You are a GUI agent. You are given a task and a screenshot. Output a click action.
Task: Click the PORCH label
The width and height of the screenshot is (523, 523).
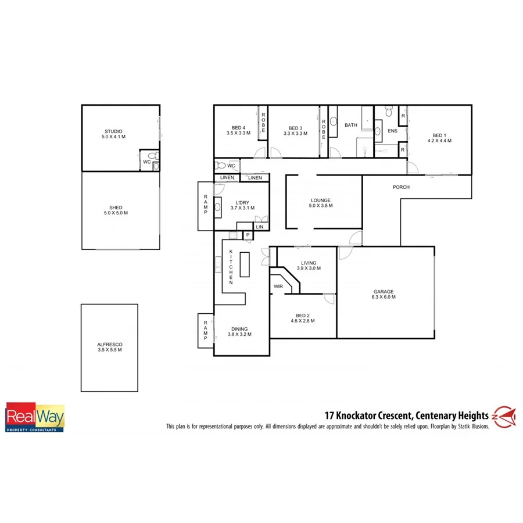click(401, 187)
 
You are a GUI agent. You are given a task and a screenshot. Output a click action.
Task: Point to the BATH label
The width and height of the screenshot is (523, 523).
click(351, 125)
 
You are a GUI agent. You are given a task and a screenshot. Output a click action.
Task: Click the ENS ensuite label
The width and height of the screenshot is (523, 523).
click(392, 131)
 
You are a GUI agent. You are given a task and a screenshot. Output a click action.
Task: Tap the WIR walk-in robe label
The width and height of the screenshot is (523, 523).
click(278, 286)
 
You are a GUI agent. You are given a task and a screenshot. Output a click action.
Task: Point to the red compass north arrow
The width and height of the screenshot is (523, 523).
click(504, 415)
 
